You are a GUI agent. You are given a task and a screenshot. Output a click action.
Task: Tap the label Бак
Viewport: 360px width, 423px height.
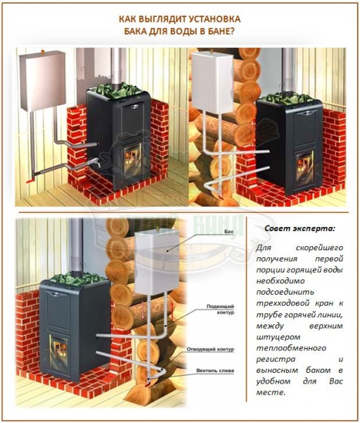coord(229,232)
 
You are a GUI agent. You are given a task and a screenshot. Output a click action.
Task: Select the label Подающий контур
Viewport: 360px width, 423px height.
coord(221,309)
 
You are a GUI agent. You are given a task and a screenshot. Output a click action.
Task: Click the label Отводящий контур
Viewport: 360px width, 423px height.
coord(211,350)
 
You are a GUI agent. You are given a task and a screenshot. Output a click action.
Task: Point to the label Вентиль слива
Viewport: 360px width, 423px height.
coord(215,371)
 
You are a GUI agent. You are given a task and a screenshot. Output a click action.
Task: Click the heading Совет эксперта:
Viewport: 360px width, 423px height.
coord(299,228)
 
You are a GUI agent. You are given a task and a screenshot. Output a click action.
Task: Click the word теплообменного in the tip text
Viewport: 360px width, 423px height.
coord(291,348)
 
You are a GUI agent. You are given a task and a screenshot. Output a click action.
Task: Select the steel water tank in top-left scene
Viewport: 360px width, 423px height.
coord(42,80)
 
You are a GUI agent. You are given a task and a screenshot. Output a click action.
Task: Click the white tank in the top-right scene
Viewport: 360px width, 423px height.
coord(213,82)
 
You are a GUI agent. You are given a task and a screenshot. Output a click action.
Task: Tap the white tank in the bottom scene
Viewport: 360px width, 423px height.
coord(157,262)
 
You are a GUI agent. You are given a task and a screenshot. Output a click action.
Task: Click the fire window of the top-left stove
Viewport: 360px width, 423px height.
coord(132,160)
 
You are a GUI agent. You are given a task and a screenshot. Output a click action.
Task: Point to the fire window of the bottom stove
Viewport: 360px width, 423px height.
coord(58,350)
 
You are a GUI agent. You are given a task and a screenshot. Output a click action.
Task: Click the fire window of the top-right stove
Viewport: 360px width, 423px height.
coord(304,166)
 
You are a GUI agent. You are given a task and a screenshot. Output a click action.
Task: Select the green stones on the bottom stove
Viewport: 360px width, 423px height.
coord(77,278)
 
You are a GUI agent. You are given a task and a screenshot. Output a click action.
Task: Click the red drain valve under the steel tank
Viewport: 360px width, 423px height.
coord(30,180)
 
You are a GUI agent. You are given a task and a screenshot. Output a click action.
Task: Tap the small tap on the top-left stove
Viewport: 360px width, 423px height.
coord(97,163)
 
